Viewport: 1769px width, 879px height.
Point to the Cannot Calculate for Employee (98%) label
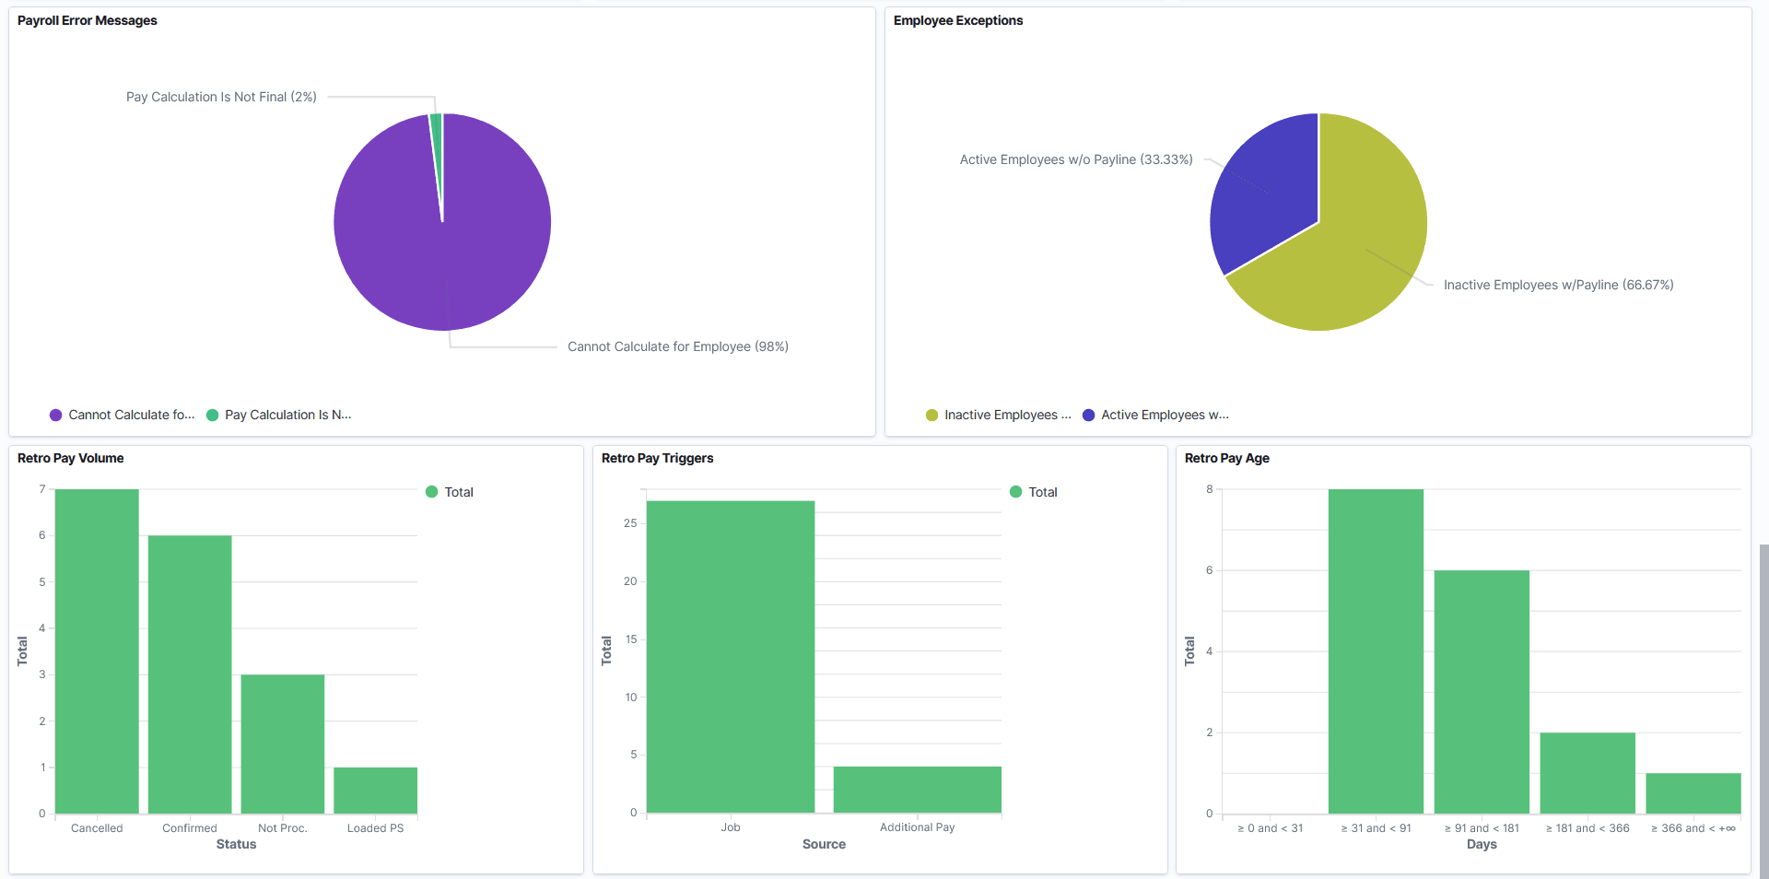[677, 346]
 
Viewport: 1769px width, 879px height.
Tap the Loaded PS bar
[375, 790]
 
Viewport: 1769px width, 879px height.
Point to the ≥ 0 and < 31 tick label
[1270, 828]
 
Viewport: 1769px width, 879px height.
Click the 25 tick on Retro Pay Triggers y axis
[630, 523]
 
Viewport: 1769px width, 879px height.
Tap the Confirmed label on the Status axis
[190, 828]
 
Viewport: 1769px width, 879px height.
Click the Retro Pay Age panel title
[1226, 458]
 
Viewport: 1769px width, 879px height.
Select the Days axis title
[1481, 844]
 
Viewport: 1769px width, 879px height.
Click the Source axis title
[824, 844]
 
